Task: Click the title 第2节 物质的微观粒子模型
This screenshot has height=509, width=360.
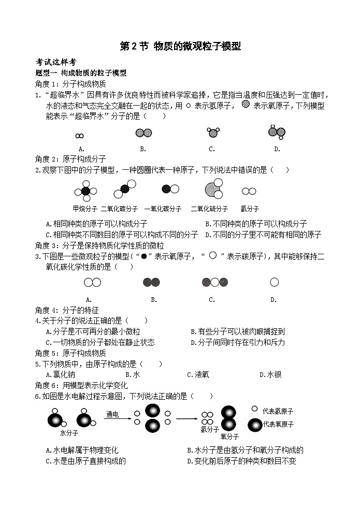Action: pos(180,47)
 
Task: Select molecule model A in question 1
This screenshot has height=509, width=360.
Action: pos(79,136)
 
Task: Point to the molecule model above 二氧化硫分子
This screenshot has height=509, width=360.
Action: pos(212,190)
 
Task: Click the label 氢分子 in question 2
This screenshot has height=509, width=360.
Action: pos(250,209)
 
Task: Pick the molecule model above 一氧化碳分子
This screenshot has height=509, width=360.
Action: pos(167,190)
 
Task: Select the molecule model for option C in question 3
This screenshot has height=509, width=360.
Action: pos(215,282)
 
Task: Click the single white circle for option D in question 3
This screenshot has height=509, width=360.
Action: pos(274,282)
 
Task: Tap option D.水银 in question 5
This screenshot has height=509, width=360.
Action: pos(270,374)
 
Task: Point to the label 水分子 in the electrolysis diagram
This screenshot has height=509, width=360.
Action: pos(69,432)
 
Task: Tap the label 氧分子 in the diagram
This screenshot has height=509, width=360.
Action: pos(229,437)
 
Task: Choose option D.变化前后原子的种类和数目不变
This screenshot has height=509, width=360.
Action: pos(241,461)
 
